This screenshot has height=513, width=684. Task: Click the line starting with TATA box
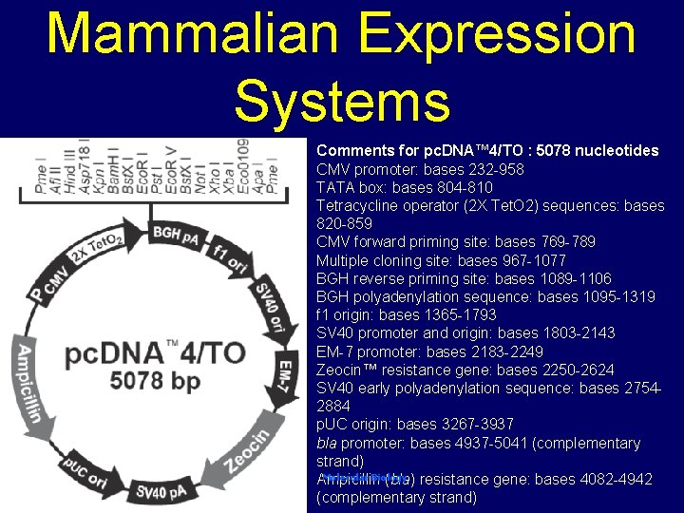pos(404,187)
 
